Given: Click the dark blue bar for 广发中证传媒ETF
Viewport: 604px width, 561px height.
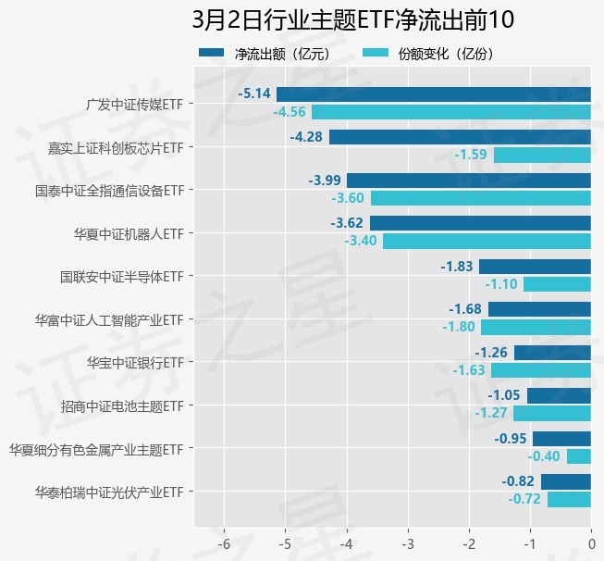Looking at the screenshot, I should [433, 93].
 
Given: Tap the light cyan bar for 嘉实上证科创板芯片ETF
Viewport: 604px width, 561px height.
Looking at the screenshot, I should [542, 155].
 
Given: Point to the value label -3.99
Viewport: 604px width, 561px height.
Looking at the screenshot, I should [327, 181].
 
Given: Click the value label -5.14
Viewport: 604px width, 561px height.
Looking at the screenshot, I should [254, 93].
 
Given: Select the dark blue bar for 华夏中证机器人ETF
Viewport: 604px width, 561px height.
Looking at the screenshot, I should [480, 223].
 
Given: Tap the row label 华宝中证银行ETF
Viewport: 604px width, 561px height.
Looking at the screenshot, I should [135, 362].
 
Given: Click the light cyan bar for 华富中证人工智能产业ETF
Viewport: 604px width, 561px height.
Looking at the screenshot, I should [536, 327].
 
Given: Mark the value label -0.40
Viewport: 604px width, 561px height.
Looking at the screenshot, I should [544, 456].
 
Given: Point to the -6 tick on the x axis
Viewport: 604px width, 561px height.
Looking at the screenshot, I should [223, 544].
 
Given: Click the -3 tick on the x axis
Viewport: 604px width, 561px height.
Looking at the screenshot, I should [407, 544].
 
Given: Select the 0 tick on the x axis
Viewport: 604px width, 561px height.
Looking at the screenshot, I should [591, 544].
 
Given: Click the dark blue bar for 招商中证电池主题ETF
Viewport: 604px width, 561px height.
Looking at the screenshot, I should [559, 395].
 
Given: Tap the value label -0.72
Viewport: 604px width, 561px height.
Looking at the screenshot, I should [524, 500].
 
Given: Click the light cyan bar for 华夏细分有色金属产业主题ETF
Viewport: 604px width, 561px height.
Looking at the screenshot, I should [578, 456].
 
